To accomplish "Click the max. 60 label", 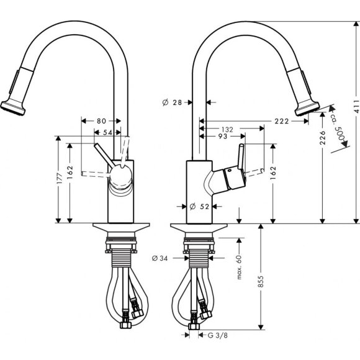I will point(238,266).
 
